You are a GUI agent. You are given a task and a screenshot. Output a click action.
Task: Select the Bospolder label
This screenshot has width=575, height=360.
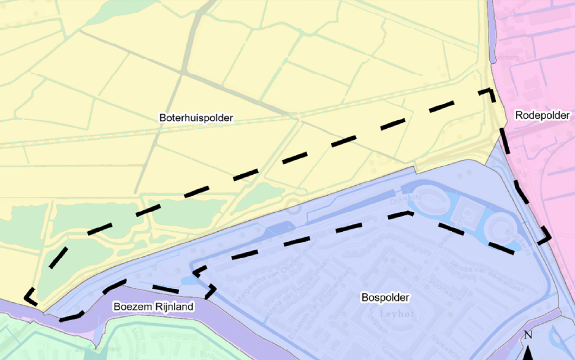click(384, 297)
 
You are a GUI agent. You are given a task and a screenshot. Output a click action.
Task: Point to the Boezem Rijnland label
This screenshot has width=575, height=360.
click(153, 307)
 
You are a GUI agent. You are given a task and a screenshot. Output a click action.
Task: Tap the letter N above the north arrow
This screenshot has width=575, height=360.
click(528, 335)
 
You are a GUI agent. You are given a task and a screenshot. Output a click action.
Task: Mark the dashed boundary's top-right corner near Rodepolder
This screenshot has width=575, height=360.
click(491, 91)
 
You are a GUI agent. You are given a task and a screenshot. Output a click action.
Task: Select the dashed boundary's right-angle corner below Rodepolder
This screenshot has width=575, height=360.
click(547, 236)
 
